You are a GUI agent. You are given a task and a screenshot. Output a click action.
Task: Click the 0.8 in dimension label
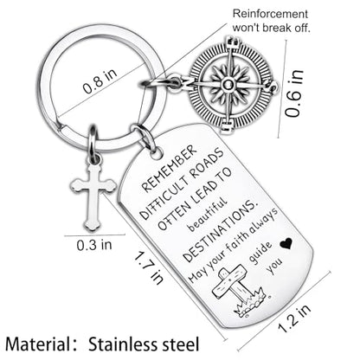point(100,80)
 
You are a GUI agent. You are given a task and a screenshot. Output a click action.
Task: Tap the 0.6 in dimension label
point(294,93)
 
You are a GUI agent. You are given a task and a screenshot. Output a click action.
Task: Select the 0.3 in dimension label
point(94,245)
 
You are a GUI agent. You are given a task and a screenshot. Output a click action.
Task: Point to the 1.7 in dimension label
point(149,267)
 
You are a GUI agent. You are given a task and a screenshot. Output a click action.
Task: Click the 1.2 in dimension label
point(294,318)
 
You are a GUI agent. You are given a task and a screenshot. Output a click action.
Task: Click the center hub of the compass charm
point(229,85)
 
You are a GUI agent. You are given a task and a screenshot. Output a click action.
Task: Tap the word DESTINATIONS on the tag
point(220,232)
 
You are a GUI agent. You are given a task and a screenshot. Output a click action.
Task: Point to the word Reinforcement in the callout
point(271,14)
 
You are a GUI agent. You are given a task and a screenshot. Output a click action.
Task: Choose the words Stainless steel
point(144,344)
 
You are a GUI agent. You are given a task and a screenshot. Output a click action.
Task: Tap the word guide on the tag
point(260,254)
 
